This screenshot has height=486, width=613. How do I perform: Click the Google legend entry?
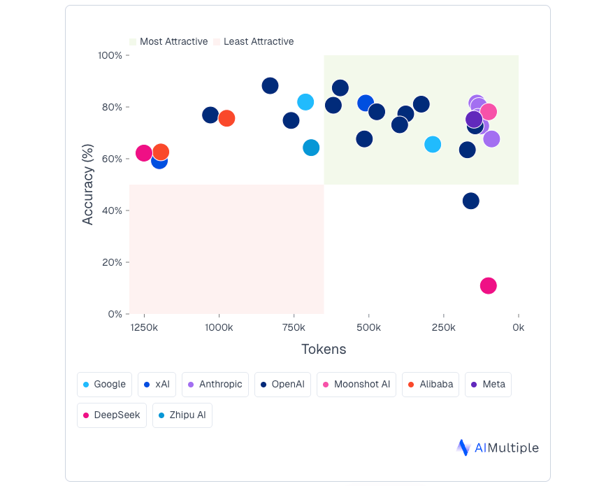pyautogui.click(x=104, y=384)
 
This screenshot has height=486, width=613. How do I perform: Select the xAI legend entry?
pyautogui.click(x=157, y=384)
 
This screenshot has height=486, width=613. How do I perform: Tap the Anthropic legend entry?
pyautogui.click(x=215, y=384)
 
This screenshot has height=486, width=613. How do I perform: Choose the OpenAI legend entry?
pyautogui.click(x=282, y=384)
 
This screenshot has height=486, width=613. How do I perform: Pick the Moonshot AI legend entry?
pyautogui.click(x=356, y=384)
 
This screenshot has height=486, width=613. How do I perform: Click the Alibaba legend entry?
pyautogui.click(x=431, y=384)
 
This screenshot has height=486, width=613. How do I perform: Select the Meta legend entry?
pyautogui.click(x=488, y=384)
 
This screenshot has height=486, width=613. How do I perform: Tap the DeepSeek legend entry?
pyautogui.click(x=112, y=415)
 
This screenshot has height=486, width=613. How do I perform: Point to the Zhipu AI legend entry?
pyautogui.click(x=182, y=415)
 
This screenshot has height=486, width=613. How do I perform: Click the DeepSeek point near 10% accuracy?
pyautogui.click(x=489, y=285)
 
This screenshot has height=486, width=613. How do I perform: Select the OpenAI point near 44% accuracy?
pyautogui.click(x=471, y=201)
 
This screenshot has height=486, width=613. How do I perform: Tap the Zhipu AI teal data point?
pyautogui.click(x=311, y=148)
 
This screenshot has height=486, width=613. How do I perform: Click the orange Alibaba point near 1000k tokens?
pyautogui.click(x=226, y=118)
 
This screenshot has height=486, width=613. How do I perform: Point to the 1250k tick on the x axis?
pyautogui.click(x=144, y=327)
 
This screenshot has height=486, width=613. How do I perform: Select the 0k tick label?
pyautogui.click(x=518, y=327)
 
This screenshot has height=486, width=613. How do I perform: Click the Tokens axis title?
pyautogui.click(x=324, y=349)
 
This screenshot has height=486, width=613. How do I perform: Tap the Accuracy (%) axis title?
pyautogui.click(x=88, y=185)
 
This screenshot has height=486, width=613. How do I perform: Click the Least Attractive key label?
pyautogui.click(x=259, y=42)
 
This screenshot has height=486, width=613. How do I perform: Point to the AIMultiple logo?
pyautogui.click(x=498, y=448)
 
